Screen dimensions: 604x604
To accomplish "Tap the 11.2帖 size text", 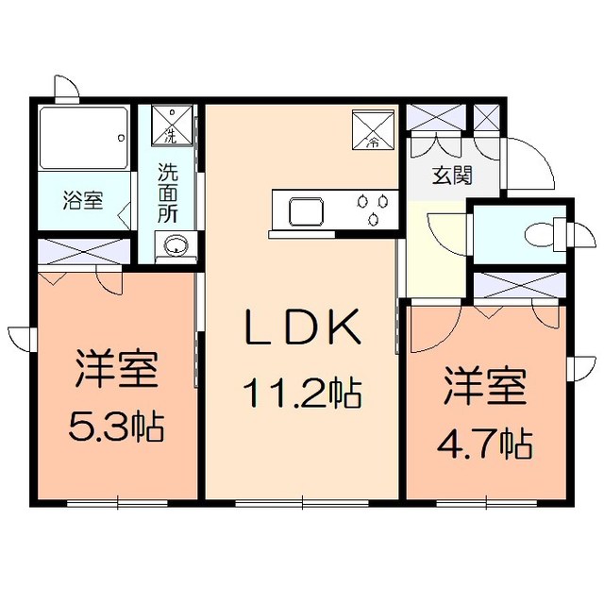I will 303,389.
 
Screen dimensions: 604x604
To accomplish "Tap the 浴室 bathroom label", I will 82,200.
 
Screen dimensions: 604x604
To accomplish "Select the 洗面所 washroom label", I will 168,193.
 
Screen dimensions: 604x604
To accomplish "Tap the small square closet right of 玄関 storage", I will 488,119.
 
